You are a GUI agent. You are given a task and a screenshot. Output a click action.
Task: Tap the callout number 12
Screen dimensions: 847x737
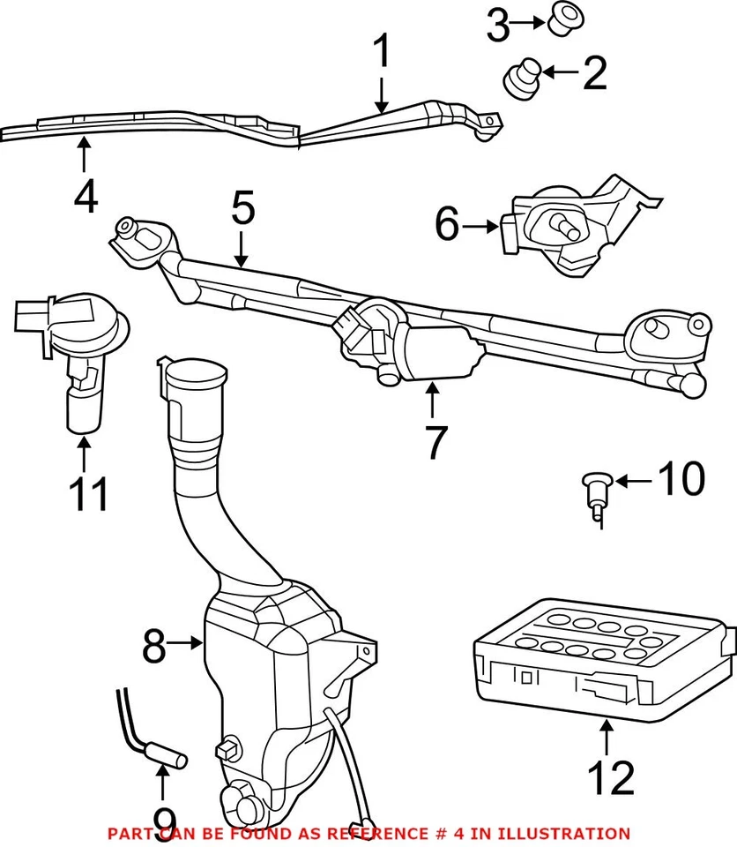(609, 777)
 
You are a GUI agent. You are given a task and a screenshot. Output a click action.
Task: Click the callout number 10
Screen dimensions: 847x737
(680, 480)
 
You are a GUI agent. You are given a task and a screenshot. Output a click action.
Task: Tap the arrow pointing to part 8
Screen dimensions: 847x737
(188, 644)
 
